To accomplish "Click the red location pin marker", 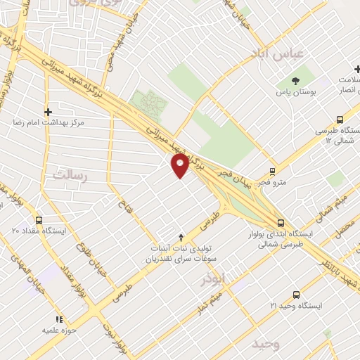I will (x=180, y=165).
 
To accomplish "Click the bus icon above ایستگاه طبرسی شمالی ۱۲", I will (x=340, y=120).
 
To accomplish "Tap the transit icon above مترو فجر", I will (x=272, y=170).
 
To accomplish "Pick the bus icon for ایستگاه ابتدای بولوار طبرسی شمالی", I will (x=281, y=224).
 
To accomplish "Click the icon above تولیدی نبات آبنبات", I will (x=181, y=237).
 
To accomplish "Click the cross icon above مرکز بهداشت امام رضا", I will (x=48, y=111).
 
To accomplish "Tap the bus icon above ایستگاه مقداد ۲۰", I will (x=39, y=219).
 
